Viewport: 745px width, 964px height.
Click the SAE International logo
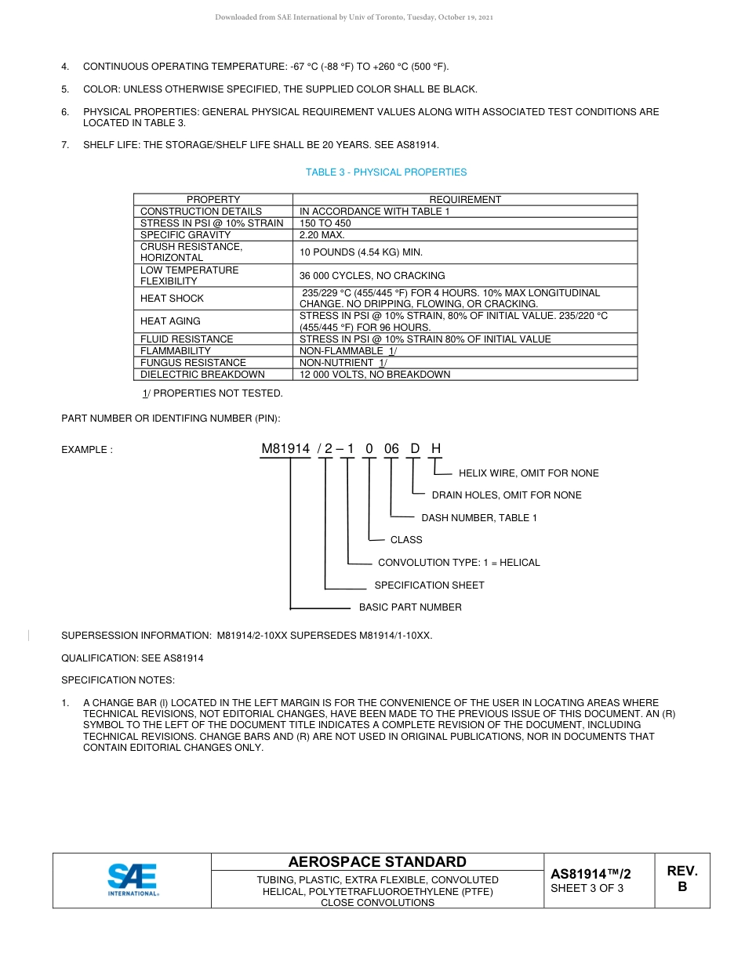133,879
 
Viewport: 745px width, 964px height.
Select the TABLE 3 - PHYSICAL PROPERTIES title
386,172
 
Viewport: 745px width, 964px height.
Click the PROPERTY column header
213,200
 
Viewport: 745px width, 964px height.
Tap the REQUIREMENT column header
465,200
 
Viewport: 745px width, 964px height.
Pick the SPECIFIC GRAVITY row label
186,234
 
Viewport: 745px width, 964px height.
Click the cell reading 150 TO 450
325,223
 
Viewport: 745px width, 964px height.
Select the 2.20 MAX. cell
322,234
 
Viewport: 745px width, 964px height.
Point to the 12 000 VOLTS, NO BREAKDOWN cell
375,375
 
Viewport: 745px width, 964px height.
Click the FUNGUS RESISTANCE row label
193,363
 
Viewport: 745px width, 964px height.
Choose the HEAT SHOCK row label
172,299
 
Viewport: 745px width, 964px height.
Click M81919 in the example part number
285,449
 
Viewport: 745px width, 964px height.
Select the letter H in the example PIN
436,449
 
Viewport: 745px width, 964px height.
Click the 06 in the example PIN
391,449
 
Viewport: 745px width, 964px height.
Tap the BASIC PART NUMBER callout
410,607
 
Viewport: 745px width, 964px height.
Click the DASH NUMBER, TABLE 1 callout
479,518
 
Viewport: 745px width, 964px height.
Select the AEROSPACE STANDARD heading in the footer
377,862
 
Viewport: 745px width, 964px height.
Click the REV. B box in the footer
681,879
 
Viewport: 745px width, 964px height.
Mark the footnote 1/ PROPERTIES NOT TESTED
212,393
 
